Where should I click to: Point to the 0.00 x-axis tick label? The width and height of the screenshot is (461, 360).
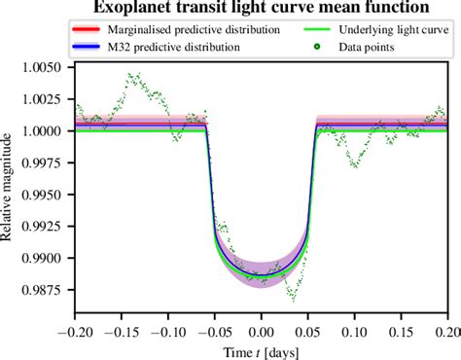pos(261,330)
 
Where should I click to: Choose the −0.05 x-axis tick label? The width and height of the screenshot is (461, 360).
pos(214,330)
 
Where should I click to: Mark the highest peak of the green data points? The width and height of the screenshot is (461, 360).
pos(131,73)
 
